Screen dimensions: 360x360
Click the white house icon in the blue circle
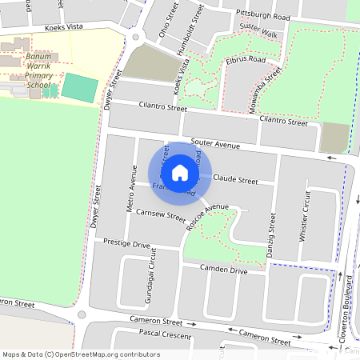coord(180,172)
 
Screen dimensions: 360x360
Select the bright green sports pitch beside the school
coord(78,86)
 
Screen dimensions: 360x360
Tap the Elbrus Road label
coord(245,59)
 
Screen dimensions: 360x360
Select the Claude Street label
coord(236,180)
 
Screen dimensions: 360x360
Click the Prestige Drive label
coord(126,243)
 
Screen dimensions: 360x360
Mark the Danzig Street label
coord(270,234)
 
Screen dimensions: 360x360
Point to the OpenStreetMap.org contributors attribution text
coord(109,354)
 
